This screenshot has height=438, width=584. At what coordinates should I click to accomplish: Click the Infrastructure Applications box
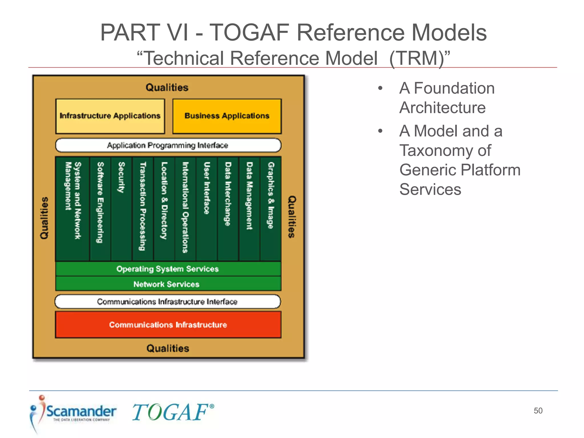point(110,116)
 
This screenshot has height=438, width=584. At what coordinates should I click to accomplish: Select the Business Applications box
point(227,116)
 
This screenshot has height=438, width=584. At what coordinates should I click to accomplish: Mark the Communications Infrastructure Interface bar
point(168,302)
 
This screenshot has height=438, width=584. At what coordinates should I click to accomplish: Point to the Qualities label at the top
point(167,87)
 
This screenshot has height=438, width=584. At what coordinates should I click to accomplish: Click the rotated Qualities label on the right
point(292,217)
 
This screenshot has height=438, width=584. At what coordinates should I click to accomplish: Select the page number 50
point(538,411)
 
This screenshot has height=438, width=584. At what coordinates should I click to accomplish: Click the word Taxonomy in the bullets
point(445,151)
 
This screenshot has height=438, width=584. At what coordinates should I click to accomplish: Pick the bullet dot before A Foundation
point(380,88)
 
